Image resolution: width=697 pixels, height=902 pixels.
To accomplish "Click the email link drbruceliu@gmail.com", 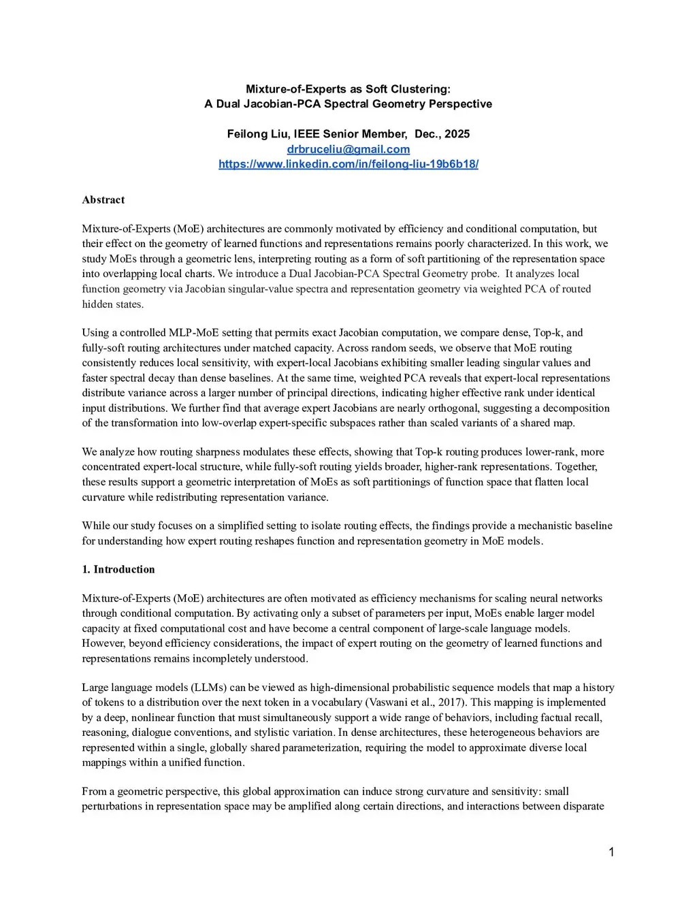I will tap(348, 149).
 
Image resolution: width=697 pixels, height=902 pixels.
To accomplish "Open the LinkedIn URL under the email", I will tap(348, 164).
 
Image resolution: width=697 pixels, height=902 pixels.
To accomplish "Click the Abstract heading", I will tap(103, 199).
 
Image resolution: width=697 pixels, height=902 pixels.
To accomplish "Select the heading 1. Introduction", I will tap(118, 569).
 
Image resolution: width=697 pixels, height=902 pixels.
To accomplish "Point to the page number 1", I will tap(611, 852).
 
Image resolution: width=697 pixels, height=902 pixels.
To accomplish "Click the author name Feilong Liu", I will tap(257, 134).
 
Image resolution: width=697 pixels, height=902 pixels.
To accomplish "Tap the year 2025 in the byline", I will tap(457, 134).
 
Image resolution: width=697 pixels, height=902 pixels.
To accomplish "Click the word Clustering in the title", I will tap(422, 89).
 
